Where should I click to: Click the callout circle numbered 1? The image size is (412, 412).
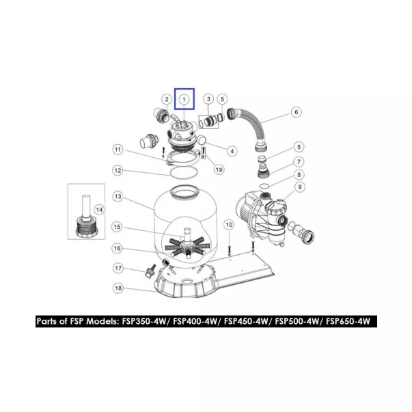184,99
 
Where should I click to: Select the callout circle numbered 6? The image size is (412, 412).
296,112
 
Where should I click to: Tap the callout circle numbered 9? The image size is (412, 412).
300,187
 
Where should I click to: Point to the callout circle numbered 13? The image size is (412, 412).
118,196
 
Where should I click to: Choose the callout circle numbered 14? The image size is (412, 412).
99,210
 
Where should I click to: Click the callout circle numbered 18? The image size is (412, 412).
118,288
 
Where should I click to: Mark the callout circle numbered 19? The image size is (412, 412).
219,169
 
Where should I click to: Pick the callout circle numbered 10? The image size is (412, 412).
229,225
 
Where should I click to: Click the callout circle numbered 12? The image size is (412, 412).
118,171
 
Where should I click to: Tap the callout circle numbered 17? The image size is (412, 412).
118,269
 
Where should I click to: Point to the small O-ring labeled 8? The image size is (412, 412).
264,186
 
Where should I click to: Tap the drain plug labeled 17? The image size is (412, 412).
151,271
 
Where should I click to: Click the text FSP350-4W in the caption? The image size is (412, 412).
144,321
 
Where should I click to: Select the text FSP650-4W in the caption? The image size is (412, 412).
348,321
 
